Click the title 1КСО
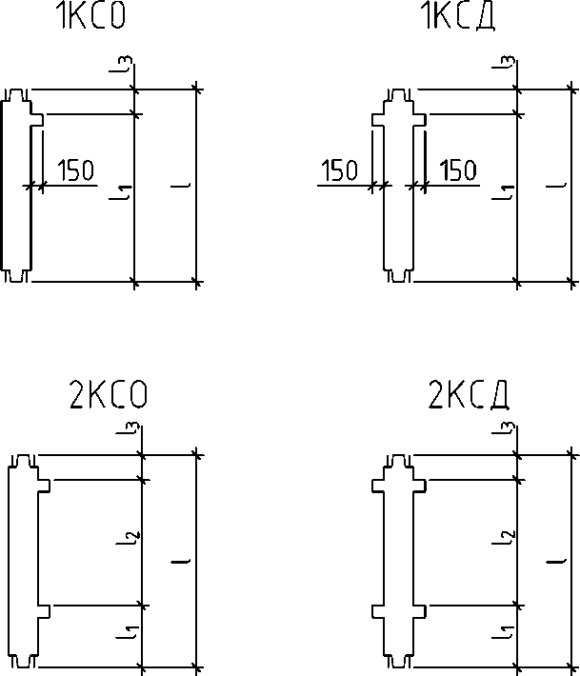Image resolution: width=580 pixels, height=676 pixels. pos(91,16)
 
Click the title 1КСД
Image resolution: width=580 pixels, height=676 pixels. pos(457,16)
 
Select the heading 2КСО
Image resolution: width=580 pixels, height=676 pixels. pos(108,393)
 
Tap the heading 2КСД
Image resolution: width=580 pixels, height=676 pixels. pos(469,393)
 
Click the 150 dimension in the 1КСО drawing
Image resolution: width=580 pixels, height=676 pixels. pos(75,169)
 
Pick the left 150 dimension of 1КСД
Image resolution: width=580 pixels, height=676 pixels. pos(340,169)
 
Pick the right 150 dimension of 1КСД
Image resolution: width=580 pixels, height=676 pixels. pos(458,169)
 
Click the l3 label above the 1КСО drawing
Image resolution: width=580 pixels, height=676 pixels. pos(120,64)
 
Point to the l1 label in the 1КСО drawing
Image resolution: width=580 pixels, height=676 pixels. pos(120,191)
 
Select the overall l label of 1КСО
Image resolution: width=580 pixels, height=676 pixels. pos(181,186)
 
